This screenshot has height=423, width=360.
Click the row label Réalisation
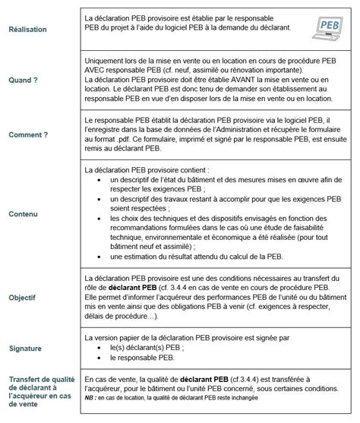click(x=27, y=30)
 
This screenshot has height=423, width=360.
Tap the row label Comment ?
click(x=28, y=134)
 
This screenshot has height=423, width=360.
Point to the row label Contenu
click(x=24, y=215)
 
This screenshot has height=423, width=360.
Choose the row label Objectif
click(x=23, y=298)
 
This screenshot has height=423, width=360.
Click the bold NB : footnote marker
click(x=91, y=396)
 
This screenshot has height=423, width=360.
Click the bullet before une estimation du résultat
click(x=91, y=257)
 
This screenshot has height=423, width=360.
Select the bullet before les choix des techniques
click(x=91, y=218)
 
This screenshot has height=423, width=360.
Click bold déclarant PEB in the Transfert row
click(x=197, y=377)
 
